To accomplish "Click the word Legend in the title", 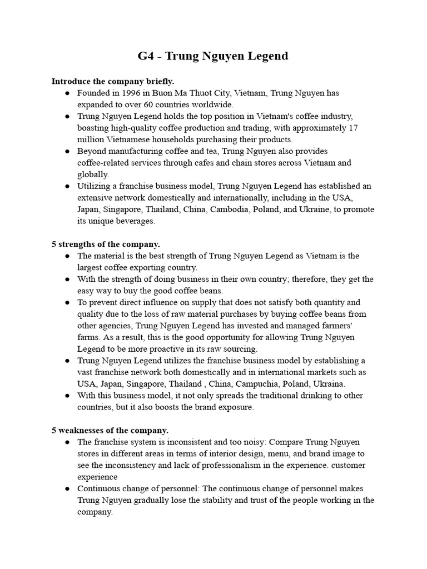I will click(x=267, y=56).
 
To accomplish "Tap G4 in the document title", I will click(x=147, y=56).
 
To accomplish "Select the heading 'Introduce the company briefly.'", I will click(x=113, y=81).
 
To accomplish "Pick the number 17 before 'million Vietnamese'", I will click(x=353, y=128).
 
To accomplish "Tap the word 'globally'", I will click(x=92, y=174).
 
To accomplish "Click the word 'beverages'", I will click(x=133, y=221).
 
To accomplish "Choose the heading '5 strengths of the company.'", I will click(x=106, y=244).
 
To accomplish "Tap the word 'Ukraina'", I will click(x=327, y=384).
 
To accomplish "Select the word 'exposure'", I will click(x=235, y=407).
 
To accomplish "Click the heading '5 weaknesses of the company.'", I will click(x=110, y=430).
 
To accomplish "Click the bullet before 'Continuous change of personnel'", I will click(x=67, y=488).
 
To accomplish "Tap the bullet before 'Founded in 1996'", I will click(x=67, y=93).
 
